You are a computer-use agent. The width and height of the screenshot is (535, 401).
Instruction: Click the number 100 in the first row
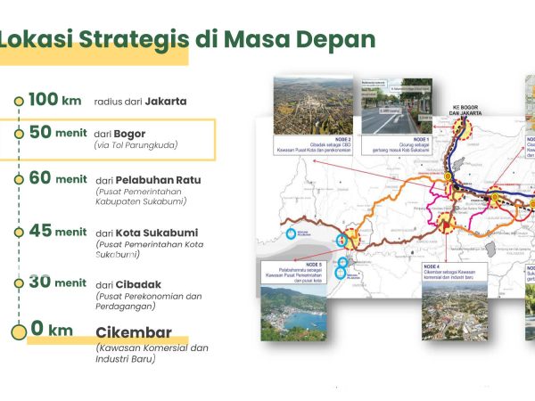(x=42, y=100)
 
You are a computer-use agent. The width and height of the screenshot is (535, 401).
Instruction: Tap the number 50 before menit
(x=39, y=132)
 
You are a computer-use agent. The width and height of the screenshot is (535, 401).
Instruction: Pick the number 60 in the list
(x=40, y=177)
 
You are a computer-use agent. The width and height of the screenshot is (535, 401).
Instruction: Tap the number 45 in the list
(x=40, y=231)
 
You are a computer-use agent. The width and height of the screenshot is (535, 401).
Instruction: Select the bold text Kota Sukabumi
(x=156, y=233)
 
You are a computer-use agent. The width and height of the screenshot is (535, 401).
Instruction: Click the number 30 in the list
(x=40, y=282)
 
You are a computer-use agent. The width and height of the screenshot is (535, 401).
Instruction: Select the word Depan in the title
(x=338, y=40)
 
